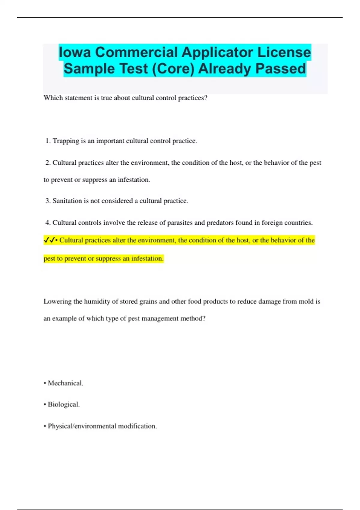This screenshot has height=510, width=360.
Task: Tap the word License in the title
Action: (x=284, y=52)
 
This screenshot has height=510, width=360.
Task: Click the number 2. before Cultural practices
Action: (x=48, y=163)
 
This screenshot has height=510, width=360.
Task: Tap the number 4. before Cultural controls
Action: (x=48, y=223)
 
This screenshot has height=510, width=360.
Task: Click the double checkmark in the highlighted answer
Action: (x=49, y=240)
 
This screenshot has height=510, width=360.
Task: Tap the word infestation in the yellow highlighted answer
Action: (x=147, y=258)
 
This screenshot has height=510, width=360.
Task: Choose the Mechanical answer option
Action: (x=65, y=383)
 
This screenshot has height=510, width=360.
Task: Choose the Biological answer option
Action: (x=64, y=404)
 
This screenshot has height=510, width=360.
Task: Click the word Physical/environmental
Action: (x=82, y=426)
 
